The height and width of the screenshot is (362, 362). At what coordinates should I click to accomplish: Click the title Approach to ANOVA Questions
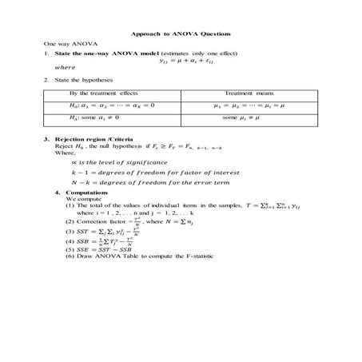[181, 36]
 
